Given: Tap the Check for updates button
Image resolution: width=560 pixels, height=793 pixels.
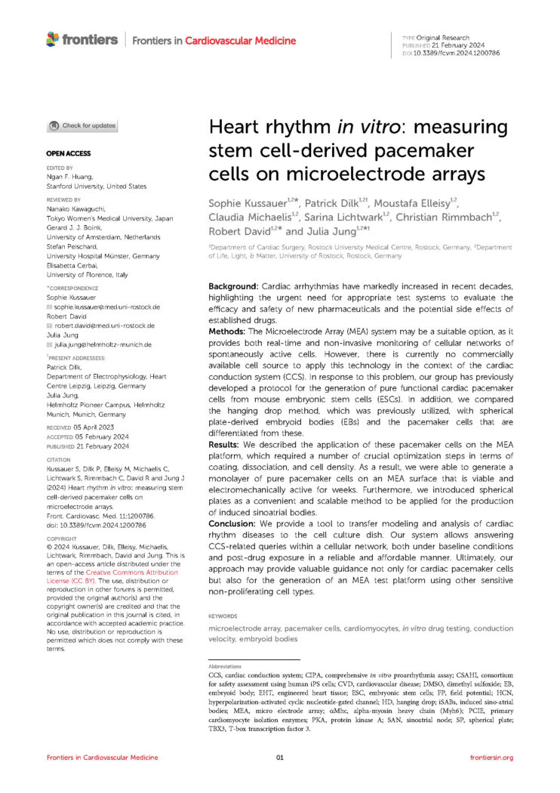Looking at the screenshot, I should tap(82, 125).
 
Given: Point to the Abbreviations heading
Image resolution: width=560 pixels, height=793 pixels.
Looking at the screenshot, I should tap(226, 667).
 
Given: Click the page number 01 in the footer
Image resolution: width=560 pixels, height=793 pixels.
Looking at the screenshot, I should tap(279, 757).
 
